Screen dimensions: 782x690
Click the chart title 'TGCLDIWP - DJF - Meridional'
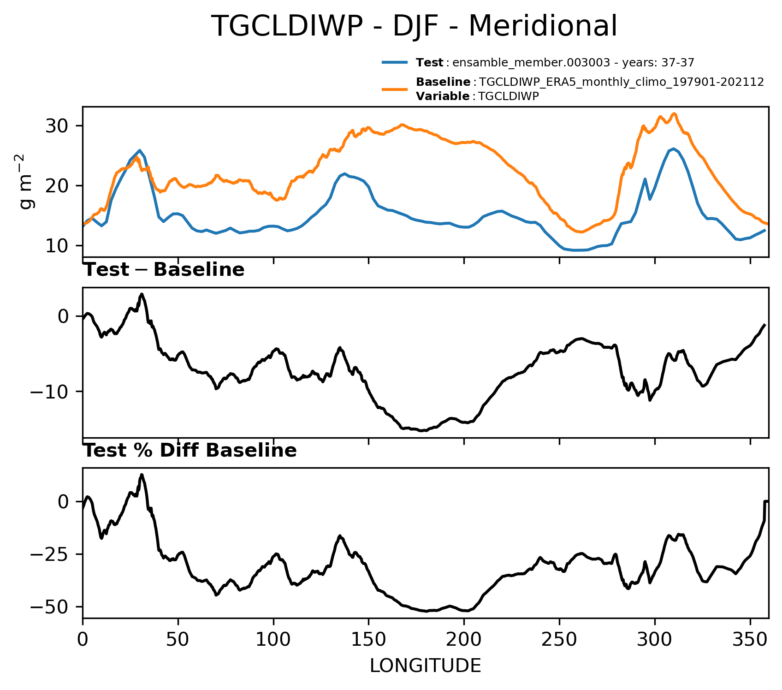pyautogui.click(x=414, y=26)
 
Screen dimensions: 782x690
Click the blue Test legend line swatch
pyautogui.click(x=395, y=62)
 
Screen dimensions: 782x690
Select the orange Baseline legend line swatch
pyautogui.click(x=395, y=89)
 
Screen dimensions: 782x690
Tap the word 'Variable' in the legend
pyautogui.click(x=443, y=96)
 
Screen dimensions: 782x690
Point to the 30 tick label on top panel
pyautogui.click(x=58, y=126)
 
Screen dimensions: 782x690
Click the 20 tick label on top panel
pyautogui.click(x=58, y=185)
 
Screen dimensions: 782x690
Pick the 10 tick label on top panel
pyautogui.click(x=58, y=245)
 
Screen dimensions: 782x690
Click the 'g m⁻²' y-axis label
pyautogui.click(x=27, y=182)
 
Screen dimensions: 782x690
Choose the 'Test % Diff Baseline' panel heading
pyautogui.click(x=190, y=451)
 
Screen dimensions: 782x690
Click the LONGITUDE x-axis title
pyautogui.click(x=425, y=666)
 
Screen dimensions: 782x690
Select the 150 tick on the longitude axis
pyautogui.click(x=368, y=640)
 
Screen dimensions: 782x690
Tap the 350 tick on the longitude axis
pyautogui.click(x=750, y=640)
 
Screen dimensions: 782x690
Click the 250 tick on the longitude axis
pyautogui.click(x=559, y=640)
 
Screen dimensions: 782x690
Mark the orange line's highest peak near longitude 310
pyautogui.click(x=674, y=113)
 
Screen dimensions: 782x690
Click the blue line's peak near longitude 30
pyautogui.click(x=139, y=150)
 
